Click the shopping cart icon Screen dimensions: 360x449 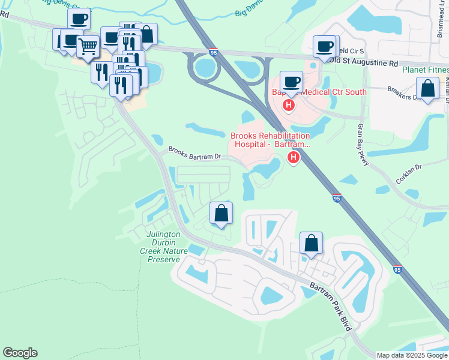(88, 46)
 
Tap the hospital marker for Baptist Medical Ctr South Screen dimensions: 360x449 (289, 106)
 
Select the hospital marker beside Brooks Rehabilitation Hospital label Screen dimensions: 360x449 (294, 158)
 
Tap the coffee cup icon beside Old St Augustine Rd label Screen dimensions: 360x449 (325, 46)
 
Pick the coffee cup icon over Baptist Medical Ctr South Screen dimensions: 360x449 (291, 82)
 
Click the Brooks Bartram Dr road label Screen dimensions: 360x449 (194, 154)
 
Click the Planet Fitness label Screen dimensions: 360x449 (425, 70)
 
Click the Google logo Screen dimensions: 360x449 (20, 353)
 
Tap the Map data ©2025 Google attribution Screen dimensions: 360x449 (412, 355)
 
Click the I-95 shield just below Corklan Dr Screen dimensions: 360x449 (336, 197)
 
